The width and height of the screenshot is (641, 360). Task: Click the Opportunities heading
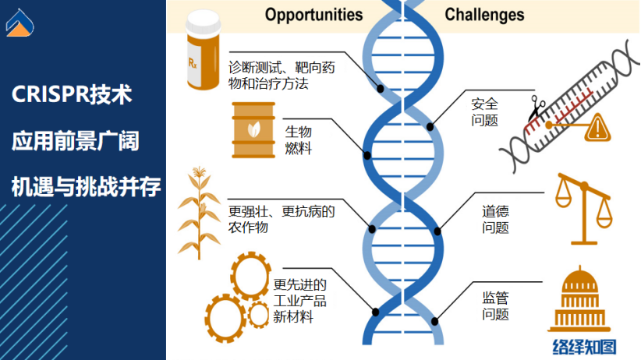click(313, 14)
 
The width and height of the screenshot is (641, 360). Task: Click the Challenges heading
click(484, 14)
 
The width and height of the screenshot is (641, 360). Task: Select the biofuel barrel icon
click(253, 131)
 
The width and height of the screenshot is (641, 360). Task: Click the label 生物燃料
click(297, 139)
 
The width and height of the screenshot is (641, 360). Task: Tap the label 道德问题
click(495, 219)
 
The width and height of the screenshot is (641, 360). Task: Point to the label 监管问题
click(495, 305)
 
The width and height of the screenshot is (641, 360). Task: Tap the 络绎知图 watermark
click(583, 346)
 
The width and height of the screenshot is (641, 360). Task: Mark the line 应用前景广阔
click(75, 142)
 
